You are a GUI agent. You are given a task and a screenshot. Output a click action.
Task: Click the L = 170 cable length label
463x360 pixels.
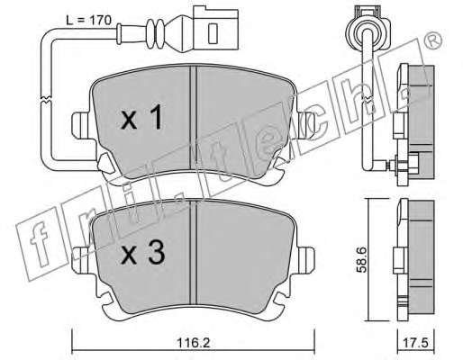click(88, 21)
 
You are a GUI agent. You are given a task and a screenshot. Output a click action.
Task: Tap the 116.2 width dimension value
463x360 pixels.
click(193, 343)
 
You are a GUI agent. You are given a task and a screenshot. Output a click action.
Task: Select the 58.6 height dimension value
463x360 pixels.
click(361, 260)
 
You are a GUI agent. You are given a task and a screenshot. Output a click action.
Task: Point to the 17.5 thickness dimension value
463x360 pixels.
click(416, 343)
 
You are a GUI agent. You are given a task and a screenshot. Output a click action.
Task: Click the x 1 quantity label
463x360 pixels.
click(141, 120)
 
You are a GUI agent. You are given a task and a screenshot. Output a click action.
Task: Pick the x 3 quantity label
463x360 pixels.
click(142, 254)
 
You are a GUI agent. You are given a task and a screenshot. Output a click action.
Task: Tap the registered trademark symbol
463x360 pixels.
click(434, 40)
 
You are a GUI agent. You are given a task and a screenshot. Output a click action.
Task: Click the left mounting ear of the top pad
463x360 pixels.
click(80, 125)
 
